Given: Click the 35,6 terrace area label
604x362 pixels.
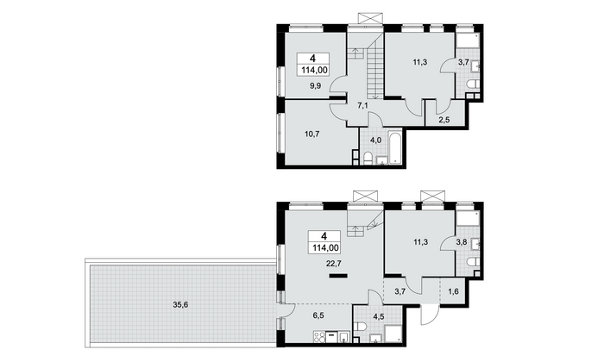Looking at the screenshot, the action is pos(180,305).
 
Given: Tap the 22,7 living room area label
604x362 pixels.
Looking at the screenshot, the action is pos(333,264).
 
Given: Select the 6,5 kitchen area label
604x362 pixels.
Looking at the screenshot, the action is pos(318,315).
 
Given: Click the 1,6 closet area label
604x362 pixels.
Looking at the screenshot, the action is pos(454,291).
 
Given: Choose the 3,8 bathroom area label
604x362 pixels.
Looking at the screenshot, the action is pos(462,242).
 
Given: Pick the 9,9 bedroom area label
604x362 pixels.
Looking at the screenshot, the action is pos(316,86).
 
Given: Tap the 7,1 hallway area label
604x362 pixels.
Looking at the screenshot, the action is pos(362,106).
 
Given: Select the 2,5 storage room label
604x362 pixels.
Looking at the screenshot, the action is pos(444,120).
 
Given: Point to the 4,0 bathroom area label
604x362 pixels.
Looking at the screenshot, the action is pos(375,140).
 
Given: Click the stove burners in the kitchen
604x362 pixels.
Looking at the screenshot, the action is pos(319,337).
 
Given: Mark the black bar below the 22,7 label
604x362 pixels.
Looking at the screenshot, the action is pos(338,276).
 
